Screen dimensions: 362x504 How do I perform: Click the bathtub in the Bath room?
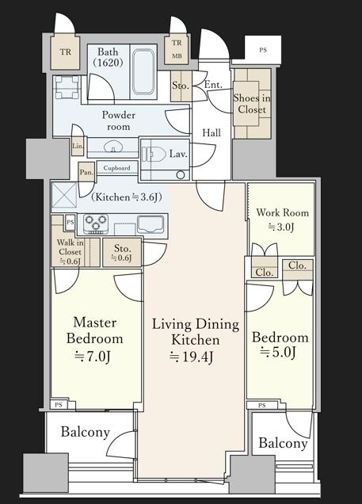click(143, 71)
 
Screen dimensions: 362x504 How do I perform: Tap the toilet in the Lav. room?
click(153, 154)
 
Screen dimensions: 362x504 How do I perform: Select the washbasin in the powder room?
click(113, 147)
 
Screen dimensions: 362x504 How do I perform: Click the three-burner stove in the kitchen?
click(95, 223)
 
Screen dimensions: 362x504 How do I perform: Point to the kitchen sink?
click(150, 223)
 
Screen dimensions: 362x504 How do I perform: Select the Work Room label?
click(282, 212)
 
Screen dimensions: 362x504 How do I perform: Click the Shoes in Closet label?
click(252, 104)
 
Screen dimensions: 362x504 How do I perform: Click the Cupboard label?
click(116, 168)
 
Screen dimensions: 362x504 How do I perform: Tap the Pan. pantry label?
click(86, 172)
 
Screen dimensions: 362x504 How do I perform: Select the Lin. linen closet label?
click(78, 146)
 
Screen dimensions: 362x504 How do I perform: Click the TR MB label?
click(177, 49)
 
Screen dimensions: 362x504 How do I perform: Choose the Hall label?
click(211, 132)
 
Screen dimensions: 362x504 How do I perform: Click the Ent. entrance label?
click(213, 85)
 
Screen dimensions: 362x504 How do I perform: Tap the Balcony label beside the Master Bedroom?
click(86, 432)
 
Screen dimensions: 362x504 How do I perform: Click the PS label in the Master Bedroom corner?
click(59, 405)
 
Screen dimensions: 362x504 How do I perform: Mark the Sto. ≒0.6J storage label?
click(122, 253)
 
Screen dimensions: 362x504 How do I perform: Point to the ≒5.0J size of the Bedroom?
click(278, 353)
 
